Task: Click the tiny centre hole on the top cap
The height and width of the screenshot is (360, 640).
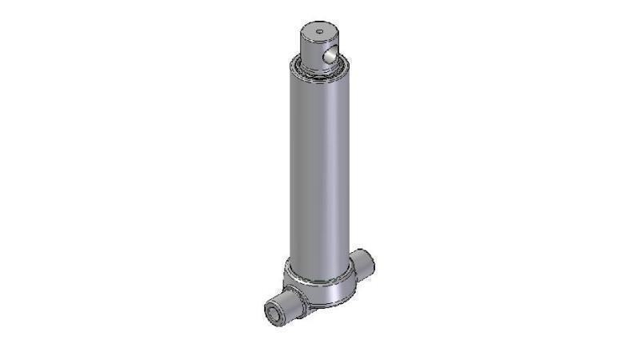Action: tap(318, 32)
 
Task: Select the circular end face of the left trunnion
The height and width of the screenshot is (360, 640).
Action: tap(274, 313)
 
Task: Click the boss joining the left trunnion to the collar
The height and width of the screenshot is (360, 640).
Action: tap(301, 299)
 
